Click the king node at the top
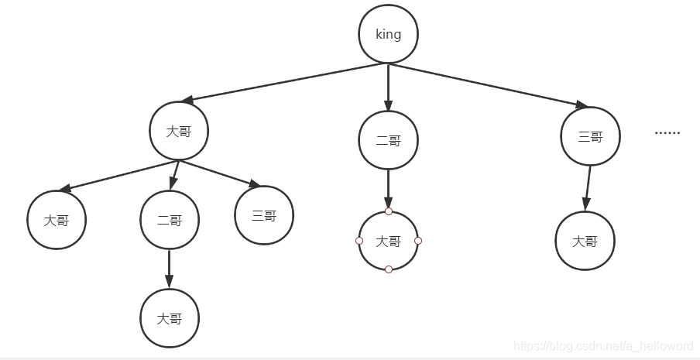point(388,34)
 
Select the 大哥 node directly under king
point(179,131)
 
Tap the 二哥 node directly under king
point(388,140)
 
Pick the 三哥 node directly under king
point(590,136)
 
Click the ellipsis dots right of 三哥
point(667,133)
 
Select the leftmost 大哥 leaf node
point(56,220)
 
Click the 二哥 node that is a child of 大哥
point(170,220)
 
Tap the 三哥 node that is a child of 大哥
point(264,215)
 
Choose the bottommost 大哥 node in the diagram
point(170,318)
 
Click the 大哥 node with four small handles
point(388,241)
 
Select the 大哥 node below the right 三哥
point(585,241)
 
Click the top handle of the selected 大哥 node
point(388,211)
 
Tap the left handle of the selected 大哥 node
point(359,241)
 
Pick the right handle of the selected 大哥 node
point(418,241)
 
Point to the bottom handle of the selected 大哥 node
point(388,269)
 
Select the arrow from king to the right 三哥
point(488,84)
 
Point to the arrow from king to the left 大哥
point(287,82)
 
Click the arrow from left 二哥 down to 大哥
point(170,268)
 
